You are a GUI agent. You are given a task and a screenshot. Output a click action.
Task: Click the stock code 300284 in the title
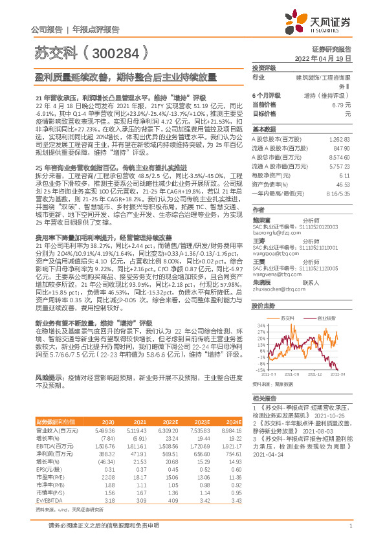116,51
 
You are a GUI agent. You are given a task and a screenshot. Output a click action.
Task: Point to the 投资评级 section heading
264,67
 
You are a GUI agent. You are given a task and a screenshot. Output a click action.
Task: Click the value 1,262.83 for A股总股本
340,139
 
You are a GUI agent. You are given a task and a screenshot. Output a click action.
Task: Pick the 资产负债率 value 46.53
343,184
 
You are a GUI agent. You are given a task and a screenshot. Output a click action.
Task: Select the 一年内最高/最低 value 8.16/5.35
336,194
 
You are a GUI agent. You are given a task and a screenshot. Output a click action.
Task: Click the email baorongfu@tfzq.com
270,234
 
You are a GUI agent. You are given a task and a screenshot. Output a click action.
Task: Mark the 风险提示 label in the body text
47,376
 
